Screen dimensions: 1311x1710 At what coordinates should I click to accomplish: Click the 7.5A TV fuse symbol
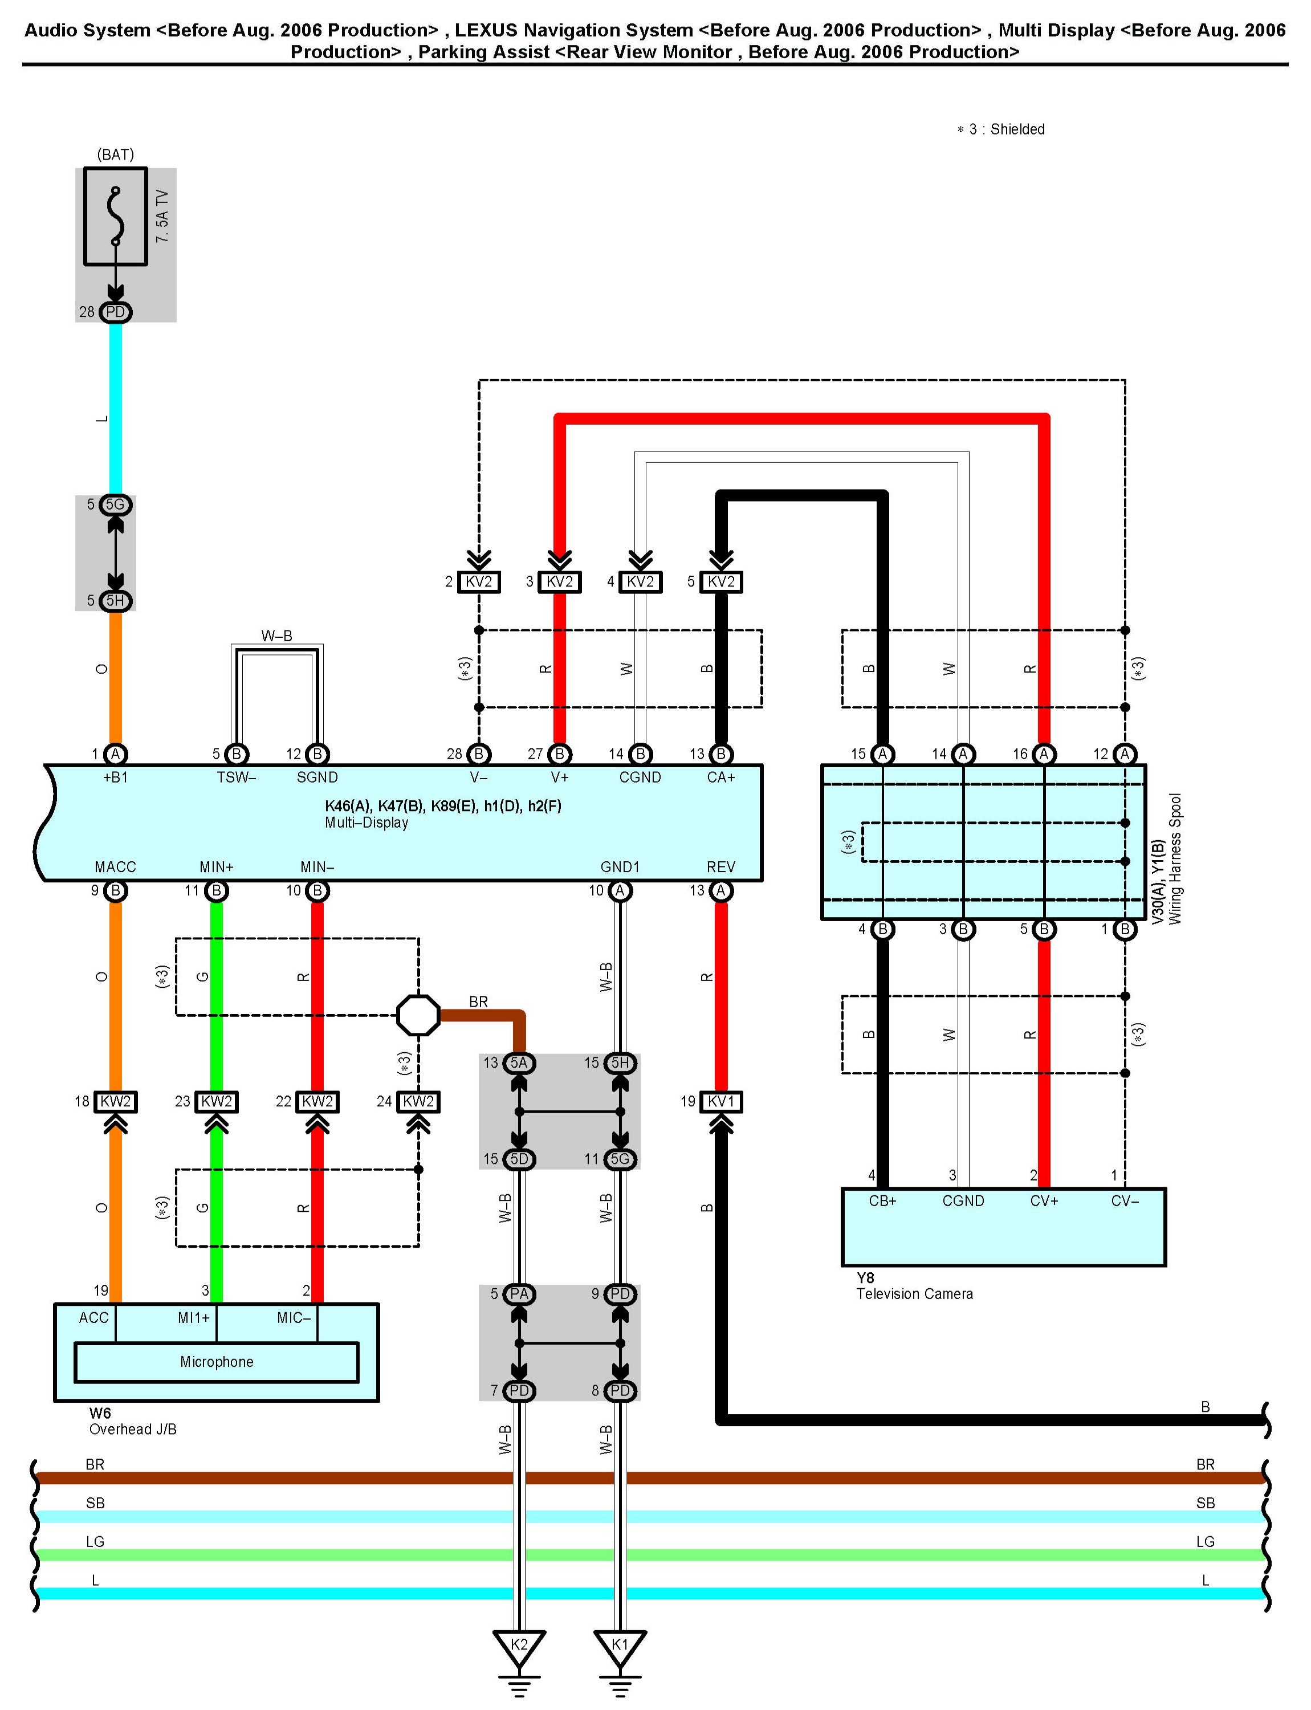click(116, 216)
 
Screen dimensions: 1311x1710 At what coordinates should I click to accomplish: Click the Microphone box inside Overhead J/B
click(216, 1362)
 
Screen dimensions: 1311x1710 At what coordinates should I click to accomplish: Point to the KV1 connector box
click(721, 1101)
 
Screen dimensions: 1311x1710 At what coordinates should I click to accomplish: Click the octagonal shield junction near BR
click(418, 1015)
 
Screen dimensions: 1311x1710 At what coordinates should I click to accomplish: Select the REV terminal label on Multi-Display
click(721, 867)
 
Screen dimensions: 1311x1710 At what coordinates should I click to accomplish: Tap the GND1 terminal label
click(620, 867)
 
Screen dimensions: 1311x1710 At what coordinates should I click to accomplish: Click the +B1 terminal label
click(116, 777)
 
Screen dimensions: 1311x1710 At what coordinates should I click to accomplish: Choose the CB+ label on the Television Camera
click(882, 1200)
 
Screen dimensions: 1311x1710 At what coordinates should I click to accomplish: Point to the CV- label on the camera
click(1125, 1200)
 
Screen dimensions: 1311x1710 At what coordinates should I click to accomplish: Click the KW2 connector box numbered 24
click(418, 1101)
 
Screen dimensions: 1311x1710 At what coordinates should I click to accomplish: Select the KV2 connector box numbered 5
click(721, 581)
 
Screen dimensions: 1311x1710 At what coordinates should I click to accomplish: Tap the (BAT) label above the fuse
click(116, 154)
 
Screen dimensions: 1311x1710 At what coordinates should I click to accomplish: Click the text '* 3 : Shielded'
click(1000, 129)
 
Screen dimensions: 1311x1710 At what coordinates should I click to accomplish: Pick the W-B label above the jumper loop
click(277, 636)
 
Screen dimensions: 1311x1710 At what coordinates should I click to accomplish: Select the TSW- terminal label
click(237, 777)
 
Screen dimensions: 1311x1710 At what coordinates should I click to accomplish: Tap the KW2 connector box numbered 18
click(116, 1101)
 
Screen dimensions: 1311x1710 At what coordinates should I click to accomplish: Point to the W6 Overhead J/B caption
click(133, 1420)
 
